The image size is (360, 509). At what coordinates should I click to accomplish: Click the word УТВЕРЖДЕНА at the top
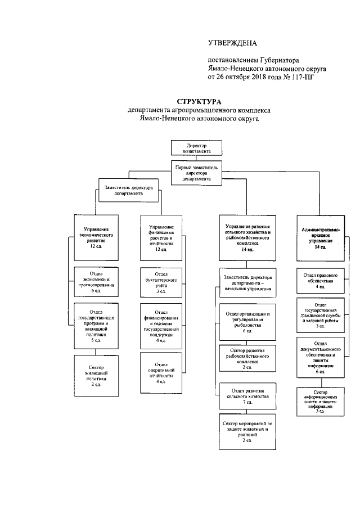[x=232, y=43]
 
